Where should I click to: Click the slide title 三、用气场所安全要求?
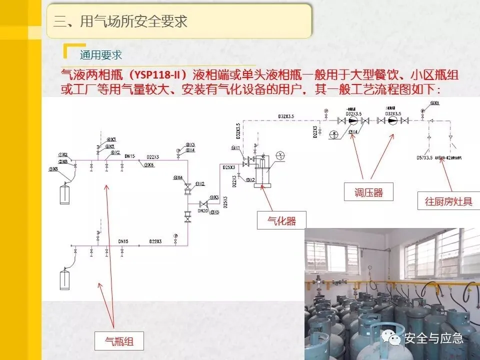(120, 22)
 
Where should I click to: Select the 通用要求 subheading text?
(100, 55)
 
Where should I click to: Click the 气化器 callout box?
(281, 220)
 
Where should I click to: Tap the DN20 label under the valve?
(202, 211)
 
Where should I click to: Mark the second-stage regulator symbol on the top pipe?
(393, 120)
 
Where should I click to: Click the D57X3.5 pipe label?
(424, 157)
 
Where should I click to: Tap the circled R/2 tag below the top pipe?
(333, 133)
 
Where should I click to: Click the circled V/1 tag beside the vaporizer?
(281, 154)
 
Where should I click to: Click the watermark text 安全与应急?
(433, 338)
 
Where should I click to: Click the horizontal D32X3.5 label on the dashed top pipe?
(286, 116)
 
